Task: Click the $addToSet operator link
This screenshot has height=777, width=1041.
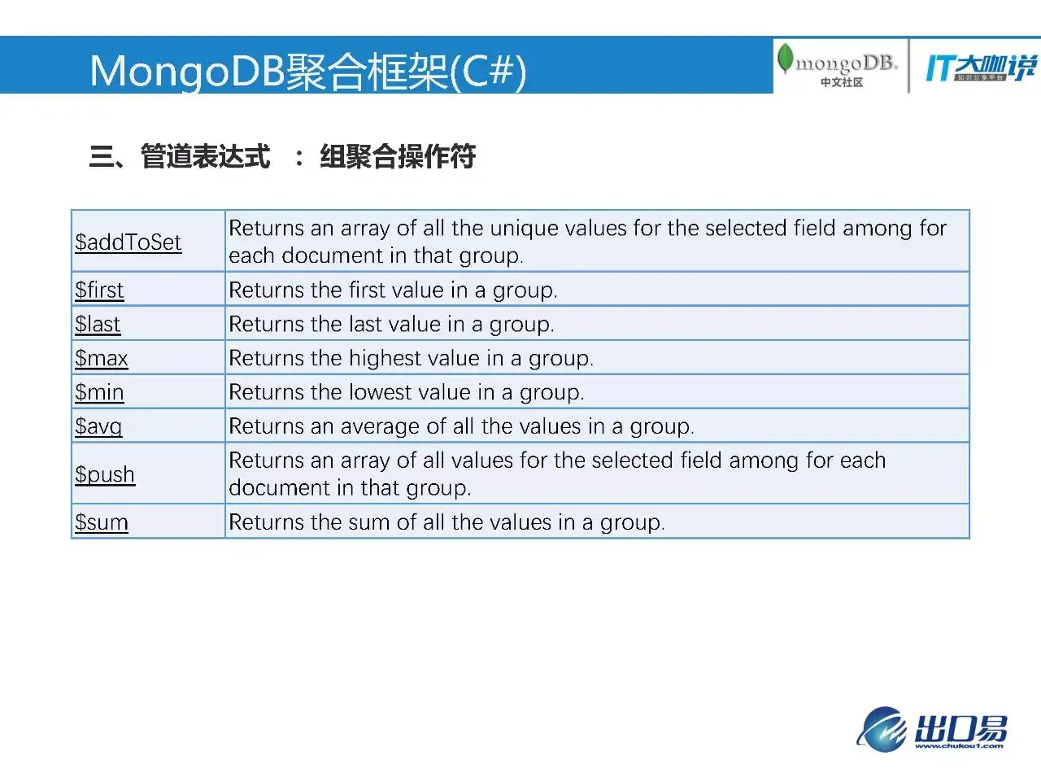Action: (128, 242)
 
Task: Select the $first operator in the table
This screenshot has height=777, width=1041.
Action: (99, 290)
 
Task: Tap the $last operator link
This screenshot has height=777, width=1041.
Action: (98, 324)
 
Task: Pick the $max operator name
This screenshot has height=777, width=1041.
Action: (102, 358)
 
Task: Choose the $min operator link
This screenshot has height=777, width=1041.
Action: (99, 392)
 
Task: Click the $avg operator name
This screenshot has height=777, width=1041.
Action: (98, 426)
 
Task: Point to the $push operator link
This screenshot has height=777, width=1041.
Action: (105, 474)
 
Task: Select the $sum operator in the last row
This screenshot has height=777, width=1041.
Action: (102, 522)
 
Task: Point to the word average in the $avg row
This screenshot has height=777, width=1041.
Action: (380, 426)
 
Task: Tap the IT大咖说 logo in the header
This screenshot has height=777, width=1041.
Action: (981, 68)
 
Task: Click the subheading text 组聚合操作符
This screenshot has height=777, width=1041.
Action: (398, 156)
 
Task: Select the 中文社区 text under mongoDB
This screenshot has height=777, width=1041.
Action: (842, 82)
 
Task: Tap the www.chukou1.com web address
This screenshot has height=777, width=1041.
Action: (959, 746)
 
